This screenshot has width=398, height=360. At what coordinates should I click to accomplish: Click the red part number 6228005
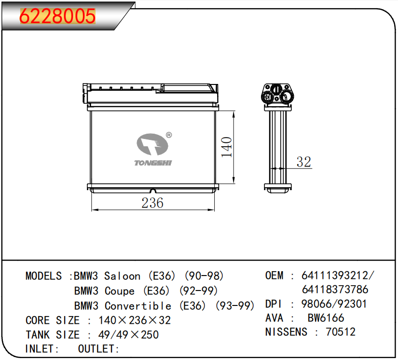(x=57, y=16)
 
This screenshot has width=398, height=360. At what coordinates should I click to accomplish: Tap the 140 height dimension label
(x=226, y=147)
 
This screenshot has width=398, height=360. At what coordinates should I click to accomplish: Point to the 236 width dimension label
(x=152, y=203)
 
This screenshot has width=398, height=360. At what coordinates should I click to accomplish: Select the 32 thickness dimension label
(x=304, y=162)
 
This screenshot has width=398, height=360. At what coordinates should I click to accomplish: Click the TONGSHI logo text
(x=153, y=163)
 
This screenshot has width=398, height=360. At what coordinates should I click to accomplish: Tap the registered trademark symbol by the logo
(x=169, y=135)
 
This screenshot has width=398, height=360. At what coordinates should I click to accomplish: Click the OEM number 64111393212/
(x=338, y=276)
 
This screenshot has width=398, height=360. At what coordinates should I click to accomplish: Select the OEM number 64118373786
(x=335, y=290)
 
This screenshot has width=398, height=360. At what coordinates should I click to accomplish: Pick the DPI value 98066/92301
(x=334, y=304)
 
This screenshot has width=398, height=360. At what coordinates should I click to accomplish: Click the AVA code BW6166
(x=326, y=318)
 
